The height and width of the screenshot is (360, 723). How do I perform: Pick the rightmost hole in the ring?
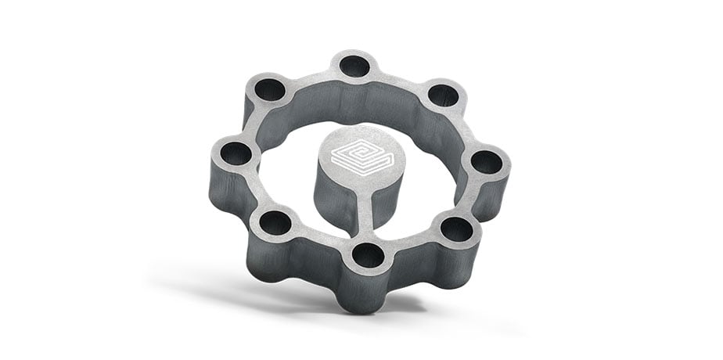[x=487, y=162]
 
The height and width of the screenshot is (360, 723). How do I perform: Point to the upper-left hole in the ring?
[x=270, y=88]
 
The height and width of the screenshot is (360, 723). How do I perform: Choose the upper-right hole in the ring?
[x=443, y=95]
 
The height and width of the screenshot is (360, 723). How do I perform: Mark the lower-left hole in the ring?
[x=275, y=224]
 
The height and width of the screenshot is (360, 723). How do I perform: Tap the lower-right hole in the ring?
[x=457, y=229]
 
